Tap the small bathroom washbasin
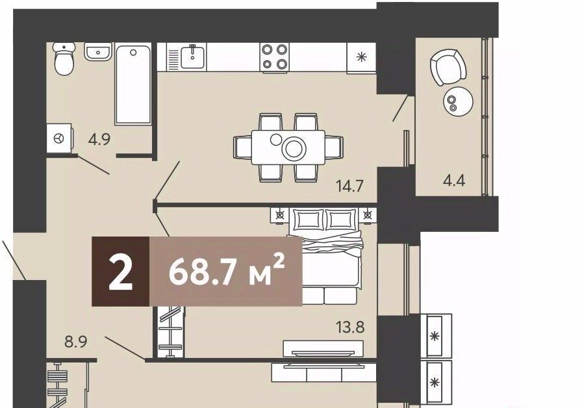click(98, 51)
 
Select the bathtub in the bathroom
click(133, 84)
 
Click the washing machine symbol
click(59, 138)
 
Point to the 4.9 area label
click(99, 140)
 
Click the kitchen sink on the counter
click(192, 57)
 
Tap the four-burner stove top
click(275, 57)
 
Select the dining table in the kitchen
click(288, 147)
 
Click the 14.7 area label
click(349, 186)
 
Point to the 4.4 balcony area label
click(454, 181)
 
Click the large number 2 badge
click(121, 272)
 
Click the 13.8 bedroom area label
click(350, 327)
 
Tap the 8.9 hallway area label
click(76, 341)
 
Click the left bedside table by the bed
click(279, 215)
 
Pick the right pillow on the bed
click(342, 220)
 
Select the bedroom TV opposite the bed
click(322, 353)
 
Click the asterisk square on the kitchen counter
click(361, 57)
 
